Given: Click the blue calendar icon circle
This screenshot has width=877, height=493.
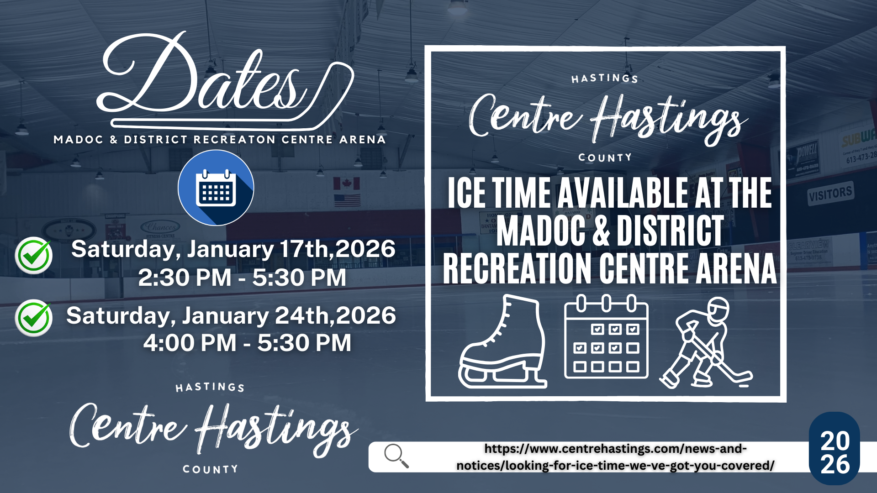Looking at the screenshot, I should pos(216,188).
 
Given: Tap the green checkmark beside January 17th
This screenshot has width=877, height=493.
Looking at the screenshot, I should pos(34,255).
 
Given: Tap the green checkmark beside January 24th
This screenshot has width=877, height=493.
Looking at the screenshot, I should pos(34,318).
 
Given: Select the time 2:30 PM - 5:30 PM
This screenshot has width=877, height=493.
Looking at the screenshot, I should pos(242,278).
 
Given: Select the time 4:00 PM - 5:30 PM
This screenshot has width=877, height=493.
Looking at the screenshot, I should pos(247,343).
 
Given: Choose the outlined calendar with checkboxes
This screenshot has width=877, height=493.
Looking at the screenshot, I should pos(606,338).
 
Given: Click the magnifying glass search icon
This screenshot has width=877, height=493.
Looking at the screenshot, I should pos(396,456).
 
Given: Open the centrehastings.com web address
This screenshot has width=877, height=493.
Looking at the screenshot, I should pos(615,457).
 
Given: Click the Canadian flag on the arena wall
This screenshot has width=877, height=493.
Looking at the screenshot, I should pos(347,184).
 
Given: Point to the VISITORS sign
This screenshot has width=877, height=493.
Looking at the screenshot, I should pos(830,194).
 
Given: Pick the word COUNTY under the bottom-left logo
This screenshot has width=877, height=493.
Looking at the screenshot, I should pos(210,469).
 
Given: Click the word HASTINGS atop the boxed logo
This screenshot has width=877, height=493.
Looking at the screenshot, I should pos(605,79).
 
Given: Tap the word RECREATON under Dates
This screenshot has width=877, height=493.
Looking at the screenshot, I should pos(234,140).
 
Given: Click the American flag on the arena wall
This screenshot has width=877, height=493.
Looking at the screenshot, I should pos(347,200).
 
